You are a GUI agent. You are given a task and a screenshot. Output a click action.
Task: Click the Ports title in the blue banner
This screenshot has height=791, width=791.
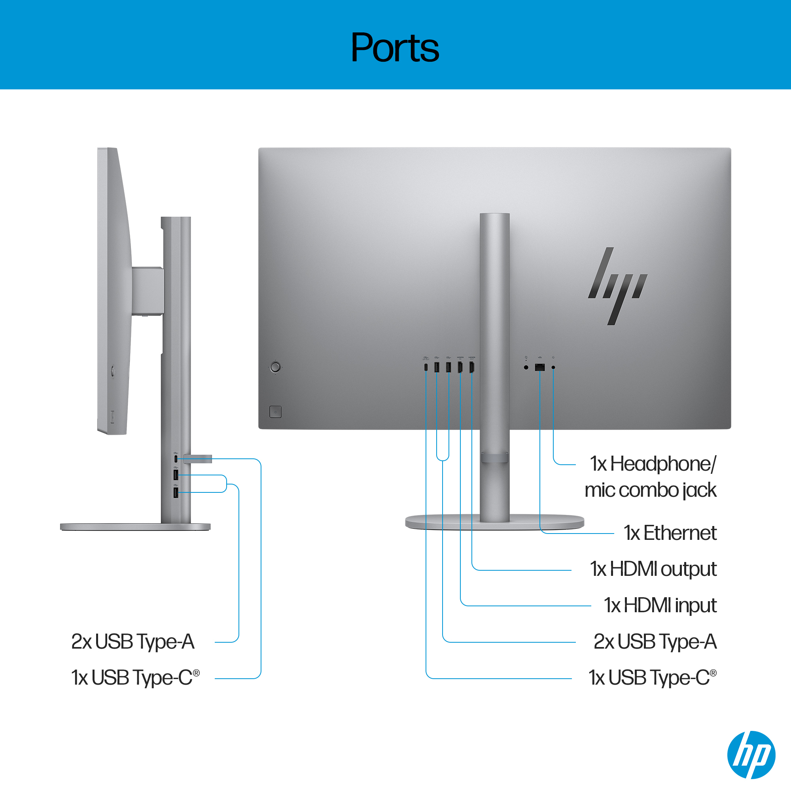pyautogui.click(x=395, y=48)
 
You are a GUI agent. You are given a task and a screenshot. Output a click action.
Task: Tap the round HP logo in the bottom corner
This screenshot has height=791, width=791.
pyautogui.click(x=751, y=754)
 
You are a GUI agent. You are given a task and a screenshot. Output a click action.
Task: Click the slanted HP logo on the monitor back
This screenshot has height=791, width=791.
pyautogui.click(x=617, y=286)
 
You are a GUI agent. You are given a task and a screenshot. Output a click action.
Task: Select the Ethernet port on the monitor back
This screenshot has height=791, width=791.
pyautogui.click(x=539, y=367)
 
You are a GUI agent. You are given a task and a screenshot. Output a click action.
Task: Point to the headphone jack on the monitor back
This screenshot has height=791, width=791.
pyautogui.click(x=553, y=367)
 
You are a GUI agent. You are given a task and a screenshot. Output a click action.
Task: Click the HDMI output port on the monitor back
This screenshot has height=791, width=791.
pyautogui.click(x=472, y=367)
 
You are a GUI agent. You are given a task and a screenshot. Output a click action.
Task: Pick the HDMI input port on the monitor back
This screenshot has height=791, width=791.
pyautogui.click(x=460, y=367)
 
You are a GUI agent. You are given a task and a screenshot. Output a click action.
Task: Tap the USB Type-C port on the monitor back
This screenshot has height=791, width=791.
pyautogui.click(x=426, y=367)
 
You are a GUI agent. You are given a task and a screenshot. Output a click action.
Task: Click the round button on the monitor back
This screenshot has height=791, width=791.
pyautogui.click(x=276, y=367)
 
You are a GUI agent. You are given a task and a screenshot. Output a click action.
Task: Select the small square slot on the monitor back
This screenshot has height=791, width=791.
pyautogui.click(x=276, y=412)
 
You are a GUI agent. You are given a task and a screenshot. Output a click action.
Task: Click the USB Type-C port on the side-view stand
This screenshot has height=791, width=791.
pyautogui.click(x=176, y=458)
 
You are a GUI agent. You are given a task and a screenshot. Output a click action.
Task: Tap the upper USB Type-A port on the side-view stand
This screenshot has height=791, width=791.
pyautogui.click(x=176, y=475)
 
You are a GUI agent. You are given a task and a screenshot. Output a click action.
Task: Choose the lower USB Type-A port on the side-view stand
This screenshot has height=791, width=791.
pyautogui.click(x=176, y=492)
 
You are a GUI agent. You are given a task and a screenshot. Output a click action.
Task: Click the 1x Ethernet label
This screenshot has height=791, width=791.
pyautogui.click(x=670, y=533)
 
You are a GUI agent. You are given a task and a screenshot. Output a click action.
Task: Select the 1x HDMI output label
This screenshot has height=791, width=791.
pyautogui.click(x=653, y=569)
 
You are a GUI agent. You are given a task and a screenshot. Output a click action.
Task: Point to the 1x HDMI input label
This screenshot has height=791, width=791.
pyautogui.click(x=660, y=605)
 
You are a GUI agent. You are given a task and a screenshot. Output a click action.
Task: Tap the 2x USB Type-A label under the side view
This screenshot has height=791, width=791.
pyautogui.click(x=132, y=642)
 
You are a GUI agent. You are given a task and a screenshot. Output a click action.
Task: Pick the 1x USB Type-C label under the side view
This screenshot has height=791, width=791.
pyautogui.click(x=135, y=677)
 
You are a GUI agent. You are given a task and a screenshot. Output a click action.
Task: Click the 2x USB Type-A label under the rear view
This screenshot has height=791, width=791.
pyautogui.click(x=655, y=642)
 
